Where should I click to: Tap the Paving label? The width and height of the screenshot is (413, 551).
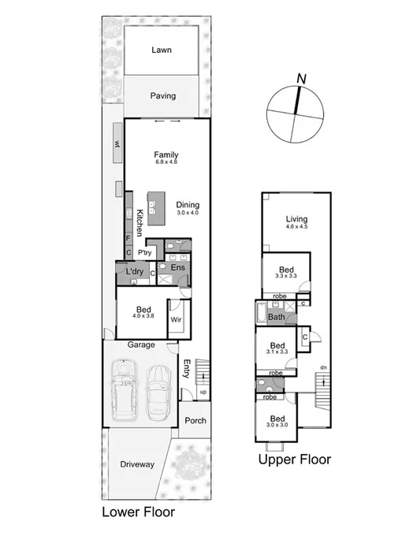point(163,96)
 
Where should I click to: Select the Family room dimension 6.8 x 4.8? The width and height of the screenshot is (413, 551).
point(166,163)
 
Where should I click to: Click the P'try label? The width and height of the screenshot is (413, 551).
point(145,252)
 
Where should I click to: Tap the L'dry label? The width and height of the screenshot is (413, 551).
point(135,272)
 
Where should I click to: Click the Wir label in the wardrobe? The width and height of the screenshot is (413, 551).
point(177,320)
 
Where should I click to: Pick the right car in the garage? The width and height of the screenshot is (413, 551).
point(158,390)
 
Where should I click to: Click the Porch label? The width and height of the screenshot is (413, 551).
point(195,420)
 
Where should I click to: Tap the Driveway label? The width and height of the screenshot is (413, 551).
point(138,464)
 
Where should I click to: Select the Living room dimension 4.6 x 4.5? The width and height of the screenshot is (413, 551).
point(296,228)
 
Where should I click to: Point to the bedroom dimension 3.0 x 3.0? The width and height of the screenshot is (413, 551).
point(277,424)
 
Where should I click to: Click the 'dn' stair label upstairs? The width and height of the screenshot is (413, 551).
point(322,367)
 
